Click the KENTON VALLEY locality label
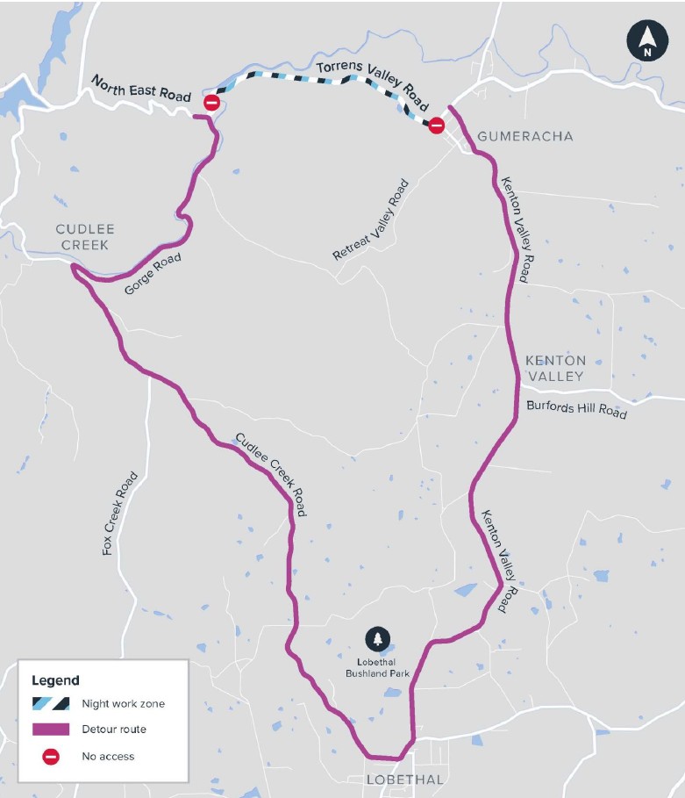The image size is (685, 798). tap(554, 369)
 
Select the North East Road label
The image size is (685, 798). tap(140, 89)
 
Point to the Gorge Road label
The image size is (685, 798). tap(152, 275)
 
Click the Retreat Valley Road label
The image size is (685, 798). tap(371, 220)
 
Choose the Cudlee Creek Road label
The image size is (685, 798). tap(270, 474)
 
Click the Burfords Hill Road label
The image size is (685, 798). tap(576, 409)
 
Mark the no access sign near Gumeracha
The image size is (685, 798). tap(436, 126)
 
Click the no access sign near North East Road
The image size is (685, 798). tap(211, 104)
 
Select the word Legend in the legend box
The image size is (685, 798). tap(55, 680)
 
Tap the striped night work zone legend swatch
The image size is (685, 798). tap(51, 703)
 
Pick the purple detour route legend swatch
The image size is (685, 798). tap(51, 730)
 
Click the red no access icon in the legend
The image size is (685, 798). tap(51, 756)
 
